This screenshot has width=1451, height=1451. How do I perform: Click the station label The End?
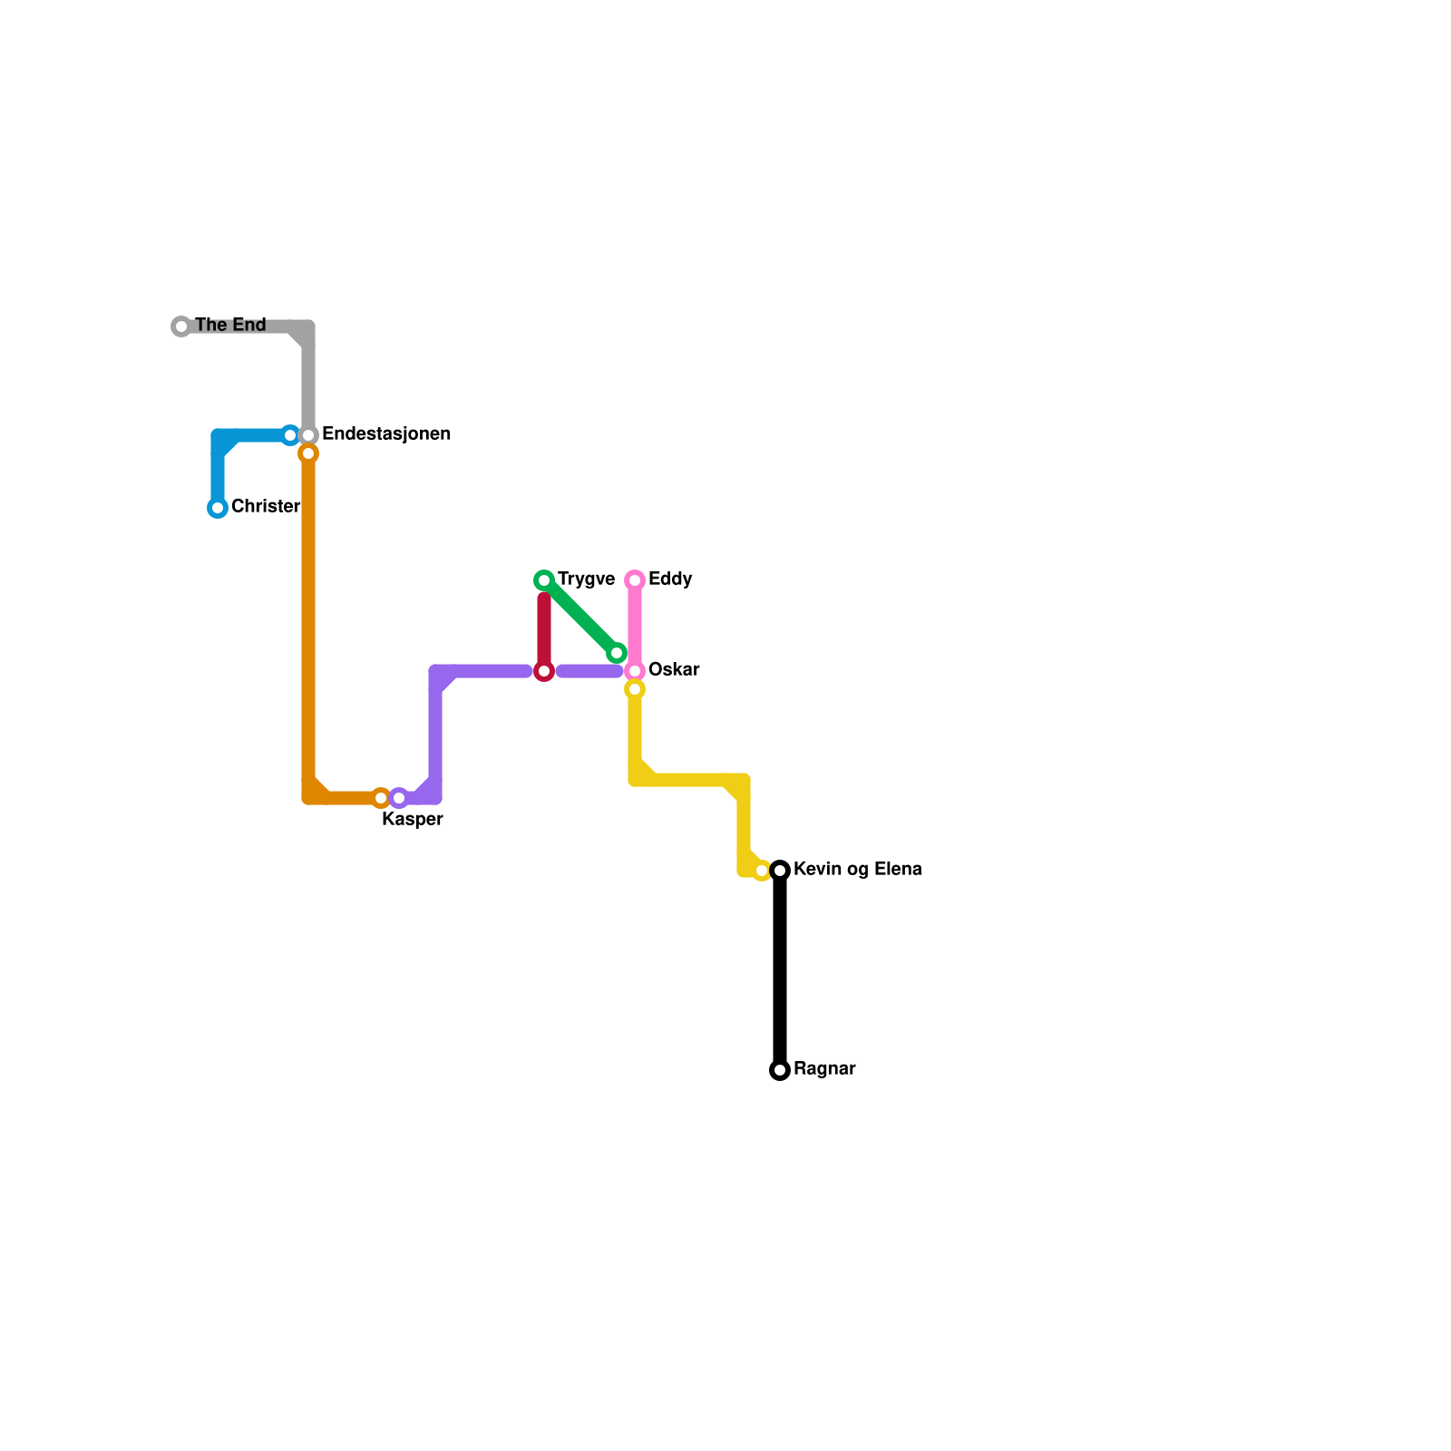point(230,325)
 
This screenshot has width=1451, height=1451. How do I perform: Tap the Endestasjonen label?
point(386,434)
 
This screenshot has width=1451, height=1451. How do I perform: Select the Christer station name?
point(265,506)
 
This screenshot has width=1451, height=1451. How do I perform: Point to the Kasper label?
point(413,820)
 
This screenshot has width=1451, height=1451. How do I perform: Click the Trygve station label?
point(586,579)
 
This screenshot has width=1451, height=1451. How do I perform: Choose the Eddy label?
point(670,579)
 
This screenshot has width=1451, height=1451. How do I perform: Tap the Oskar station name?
point(674,670)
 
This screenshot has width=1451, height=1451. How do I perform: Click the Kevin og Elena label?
point(857,870)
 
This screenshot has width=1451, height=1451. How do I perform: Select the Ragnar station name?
point(824,1069)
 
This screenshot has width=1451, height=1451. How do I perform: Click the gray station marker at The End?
point(181,326)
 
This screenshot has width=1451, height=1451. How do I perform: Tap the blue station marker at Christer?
point(218,508)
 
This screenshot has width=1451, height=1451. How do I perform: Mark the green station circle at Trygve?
point(544,580)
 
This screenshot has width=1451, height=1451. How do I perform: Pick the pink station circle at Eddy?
point(635,580)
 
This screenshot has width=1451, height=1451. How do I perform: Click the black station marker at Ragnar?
point(780,1070)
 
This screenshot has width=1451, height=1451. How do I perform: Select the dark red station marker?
point(544,671)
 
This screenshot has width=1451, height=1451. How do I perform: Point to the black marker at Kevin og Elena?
point(780,871)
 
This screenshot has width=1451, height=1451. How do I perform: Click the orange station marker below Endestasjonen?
point(308,453)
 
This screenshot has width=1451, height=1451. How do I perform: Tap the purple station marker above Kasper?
point(399,798)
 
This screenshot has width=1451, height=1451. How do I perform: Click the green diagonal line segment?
point(580,617)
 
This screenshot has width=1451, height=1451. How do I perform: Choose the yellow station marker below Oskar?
point(635,690)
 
